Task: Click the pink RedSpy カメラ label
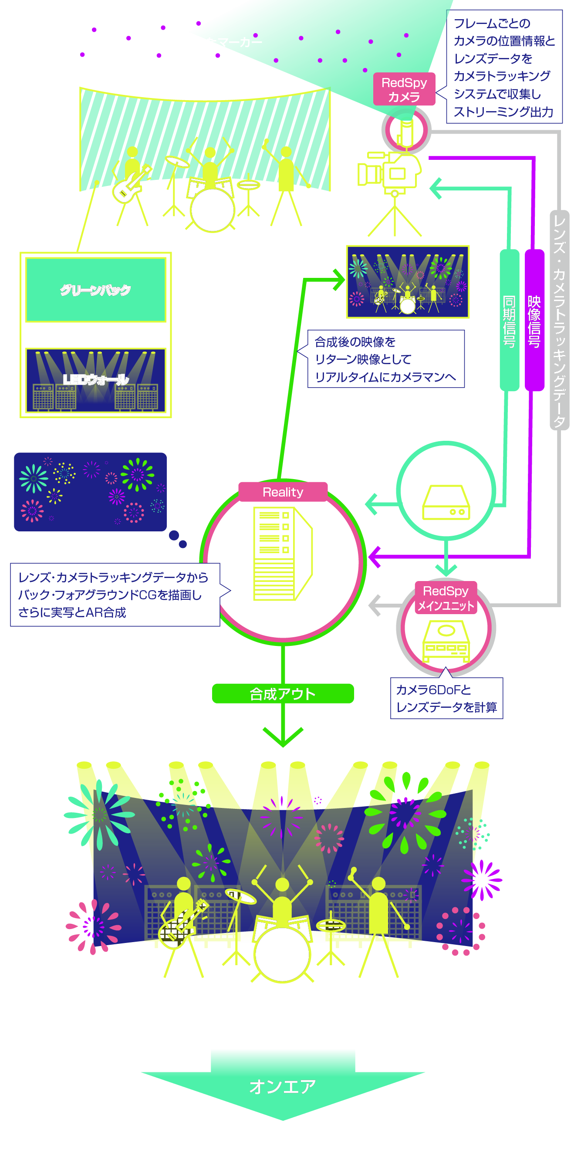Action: (x=404, y=89)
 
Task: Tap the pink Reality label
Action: (x=283, y=492)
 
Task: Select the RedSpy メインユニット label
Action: (x=446, y=598)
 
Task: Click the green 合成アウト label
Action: (x=283, y=693)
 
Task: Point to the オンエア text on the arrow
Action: (x=283, y=1087)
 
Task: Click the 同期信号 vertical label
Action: (x=509, y=320)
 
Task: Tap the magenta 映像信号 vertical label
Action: (x=534, y=320)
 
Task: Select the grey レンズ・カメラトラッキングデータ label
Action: (x=559, y=320)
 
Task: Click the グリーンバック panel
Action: (x=95, y=290)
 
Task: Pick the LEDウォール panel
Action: (x=95, y=380)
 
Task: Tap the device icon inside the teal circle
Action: (x=446, y=503)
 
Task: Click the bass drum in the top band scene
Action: (x=212, y=210)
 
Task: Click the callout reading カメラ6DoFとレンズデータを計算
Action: (x=446, y=698)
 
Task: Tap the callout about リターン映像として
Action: (x=386, y=359)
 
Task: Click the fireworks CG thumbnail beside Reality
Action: (x=90, y=492)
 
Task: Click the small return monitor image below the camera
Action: (x=408, y=281)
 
